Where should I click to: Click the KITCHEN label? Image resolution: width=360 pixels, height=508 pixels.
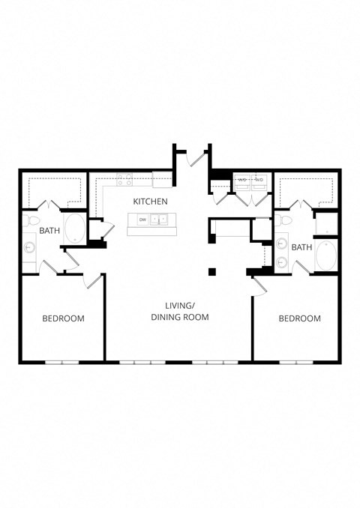(x=150, y=202)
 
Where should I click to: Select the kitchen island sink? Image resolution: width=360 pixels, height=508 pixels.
(x=159, y=220)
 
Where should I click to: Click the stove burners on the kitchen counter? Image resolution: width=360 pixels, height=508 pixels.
(x=124, y=180)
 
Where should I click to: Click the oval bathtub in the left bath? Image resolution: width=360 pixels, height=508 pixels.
(x=76, y=229)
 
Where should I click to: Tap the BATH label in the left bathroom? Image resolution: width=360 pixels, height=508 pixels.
(x=49, y=231)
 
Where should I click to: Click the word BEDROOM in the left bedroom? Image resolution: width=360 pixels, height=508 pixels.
(x=63, y=318)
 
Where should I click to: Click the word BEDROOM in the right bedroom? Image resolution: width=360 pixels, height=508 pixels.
(x=299, y=318)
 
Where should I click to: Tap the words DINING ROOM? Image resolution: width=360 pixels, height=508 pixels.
(x=180, y=317)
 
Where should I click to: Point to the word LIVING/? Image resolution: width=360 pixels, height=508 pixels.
(x=180, y=306)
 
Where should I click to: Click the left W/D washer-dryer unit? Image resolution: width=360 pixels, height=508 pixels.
(x=242, y=180)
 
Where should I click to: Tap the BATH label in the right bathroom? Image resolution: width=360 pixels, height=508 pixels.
(x=301, y=247)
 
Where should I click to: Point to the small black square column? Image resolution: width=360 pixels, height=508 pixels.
(x=212, y=270)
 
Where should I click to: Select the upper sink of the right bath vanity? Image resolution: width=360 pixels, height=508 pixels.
(x=281, y=243)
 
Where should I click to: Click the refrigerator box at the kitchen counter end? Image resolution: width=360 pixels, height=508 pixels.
(x=162, y=180)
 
